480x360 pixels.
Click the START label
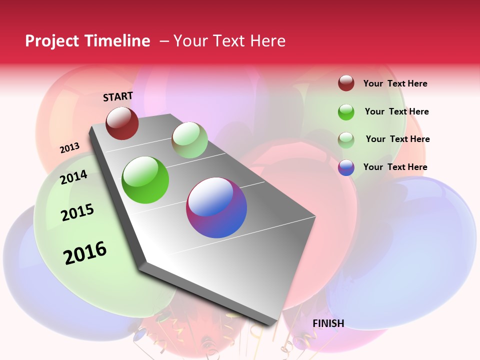[118, 96]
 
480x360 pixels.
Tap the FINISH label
[328, 323]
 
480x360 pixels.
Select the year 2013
[69, 148]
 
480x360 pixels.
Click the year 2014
[74, 177]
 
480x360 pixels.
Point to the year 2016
[85, 253]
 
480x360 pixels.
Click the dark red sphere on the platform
[122, 123]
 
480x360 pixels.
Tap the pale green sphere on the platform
[189, 140]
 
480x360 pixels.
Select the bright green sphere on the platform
[145, 180]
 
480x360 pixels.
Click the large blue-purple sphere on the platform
[216, 207]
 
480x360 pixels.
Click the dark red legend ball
[346, 83]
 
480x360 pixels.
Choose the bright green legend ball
[346, 112]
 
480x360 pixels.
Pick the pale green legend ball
[346, 139]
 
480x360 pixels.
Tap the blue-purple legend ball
[346, 167]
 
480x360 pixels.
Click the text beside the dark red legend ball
[395, 83]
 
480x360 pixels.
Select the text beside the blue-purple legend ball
[395, 167]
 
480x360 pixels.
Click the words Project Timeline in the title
[87, 41]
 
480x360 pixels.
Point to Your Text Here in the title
[229, 41]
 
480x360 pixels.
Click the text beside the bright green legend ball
[396, 111]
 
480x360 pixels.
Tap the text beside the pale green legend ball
[397, 139]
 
